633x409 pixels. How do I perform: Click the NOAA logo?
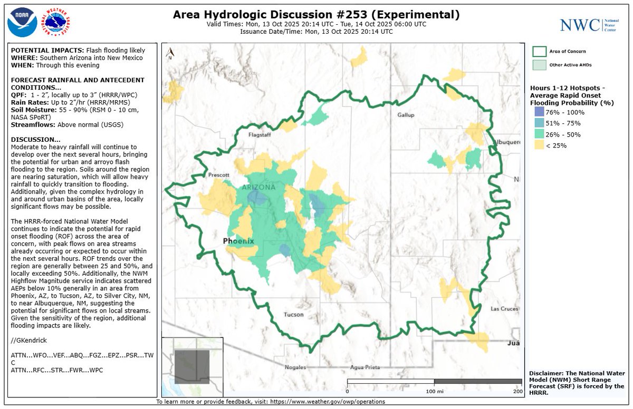click(22, 22)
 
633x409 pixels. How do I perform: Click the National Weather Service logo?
click(57, 22)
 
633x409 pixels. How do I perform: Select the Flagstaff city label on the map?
click(260, 135)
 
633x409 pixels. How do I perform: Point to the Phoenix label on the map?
click(238, 241)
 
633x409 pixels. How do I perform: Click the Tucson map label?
click(293, 315)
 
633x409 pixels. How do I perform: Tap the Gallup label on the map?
click(406, 115)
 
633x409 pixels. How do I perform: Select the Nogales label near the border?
click(295, 367)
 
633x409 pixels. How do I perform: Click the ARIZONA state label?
click(258, 188)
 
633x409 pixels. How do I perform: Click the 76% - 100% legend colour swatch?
click(539, 112)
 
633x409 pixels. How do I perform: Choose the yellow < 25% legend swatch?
click(539, 145)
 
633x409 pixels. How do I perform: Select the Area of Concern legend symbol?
click(539, 51)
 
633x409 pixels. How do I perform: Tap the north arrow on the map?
click(170, 53)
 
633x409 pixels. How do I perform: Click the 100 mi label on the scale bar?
click(434, 391)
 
